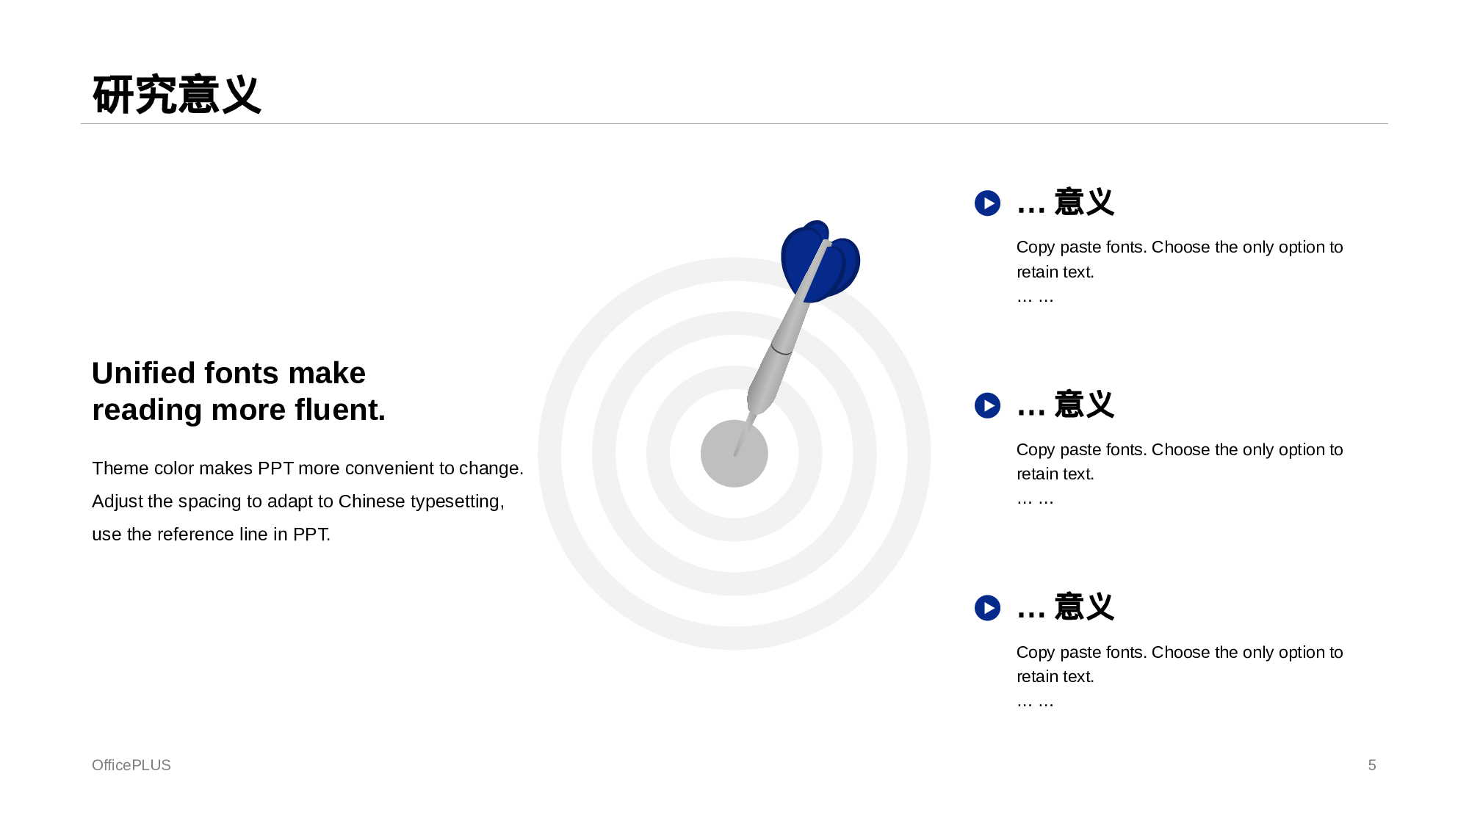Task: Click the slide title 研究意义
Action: coord(177,95)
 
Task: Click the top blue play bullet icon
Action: coord(987,203)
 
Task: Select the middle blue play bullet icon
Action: coord(987,405)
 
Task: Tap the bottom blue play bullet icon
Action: coord(987,608)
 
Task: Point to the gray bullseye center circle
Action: coord(734,454)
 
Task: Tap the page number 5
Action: coord(1372,765)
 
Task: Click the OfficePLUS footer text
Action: coord(131,765)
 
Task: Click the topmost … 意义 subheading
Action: coord(1066,203)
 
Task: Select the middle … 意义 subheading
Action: coord(1066,405)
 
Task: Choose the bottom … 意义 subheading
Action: coord(1066,608)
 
